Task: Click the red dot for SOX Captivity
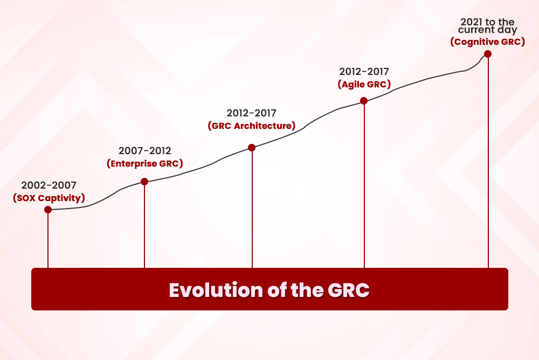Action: coord(48,210)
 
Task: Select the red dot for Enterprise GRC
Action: coord(144,182)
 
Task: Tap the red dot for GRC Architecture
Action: coord(252,148)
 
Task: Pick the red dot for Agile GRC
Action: coord(364,101)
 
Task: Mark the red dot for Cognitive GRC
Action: coord(488,54)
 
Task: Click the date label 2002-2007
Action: coord(49,186)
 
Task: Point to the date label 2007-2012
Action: coord(144,151)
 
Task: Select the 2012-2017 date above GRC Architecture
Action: coord(251,113)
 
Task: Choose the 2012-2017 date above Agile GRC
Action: coord(364,71)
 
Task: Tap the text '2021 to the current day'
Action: coord(487,26)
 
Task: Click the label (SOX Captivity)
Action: coord(49,198)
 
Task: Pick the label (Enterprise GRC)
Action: coord(144,163)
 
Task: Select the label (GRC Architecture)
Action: coord(251,126)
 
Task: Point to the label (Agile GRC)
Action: coord(364,84)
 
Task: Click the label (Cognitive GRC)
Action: coord(487,41)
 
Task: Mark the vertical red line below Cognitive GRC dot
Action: coord(488,162)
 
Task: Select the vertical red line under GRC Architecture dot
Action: coord(252,210)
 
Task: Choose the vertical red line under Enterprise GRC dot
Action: coord(144,226)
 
